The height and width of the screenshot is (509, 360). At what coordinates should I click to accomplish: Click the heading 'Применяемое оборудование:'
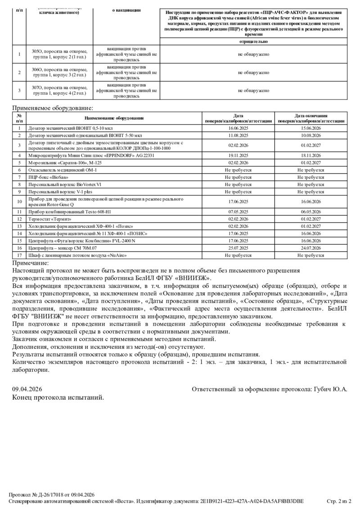[53, 108]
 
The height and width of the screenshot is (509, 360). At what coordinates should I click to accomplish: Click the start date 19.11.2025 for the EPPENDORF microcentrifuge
[238, 155]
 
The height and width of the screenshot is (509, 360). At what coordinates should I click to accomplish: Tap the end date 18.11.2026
[311, 155]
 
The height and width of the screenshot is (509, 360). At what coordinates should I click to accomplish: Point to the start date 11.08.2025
[238, 135]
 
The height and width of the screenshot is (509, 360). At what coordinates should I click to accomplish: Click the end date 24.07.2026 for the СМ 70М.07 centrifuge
[311, 248]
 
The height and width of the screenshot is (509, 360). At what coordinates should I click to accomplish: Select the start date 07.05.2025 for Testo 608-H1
[238, 212]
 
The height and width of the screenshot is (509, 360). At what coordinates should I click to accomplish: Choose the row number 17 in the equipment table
[19, 255]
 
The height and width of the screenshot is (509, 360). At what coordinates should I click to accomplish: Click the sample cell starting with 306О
[59, 72]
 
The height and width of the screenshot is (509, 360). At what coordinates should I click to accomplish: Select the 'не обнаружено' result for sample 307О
[253, 90]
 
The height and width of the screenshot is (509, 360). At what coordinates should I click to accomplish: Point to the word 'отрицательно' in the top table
[253, 41]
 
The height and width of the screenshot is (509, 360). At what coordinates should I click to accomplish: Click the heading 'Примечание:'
[30, 263]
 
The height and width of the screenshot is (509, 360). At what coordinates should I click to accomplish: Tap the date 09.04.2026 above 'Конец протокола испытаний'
[27, 389]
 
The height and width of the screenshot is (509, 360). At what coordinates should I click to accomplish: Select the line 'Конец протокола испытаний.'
[58, 397]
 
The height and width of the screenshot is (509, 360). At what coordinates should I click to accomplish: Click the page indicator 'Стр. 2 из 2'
[338, 501]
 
